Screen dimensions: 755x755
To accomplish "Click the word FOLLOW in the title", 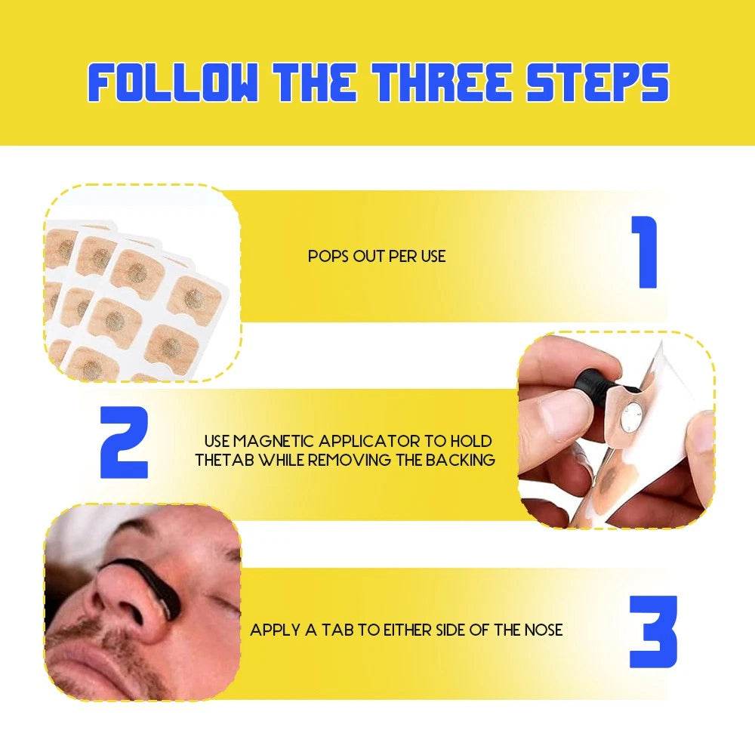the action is pos(172,82).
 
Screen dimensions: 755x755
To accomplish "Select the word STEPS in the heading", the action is pos(597,82).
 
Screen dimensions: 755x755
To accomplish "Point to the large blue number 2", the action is pos(124,442).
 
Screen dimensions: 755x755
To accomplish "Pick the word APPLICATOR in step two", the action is pos(369,441).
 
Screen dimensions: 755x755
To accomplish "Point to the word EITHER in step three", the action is pos(407,630).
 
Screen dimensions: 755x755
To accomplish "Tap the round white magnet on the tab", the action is pos(630,417).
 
